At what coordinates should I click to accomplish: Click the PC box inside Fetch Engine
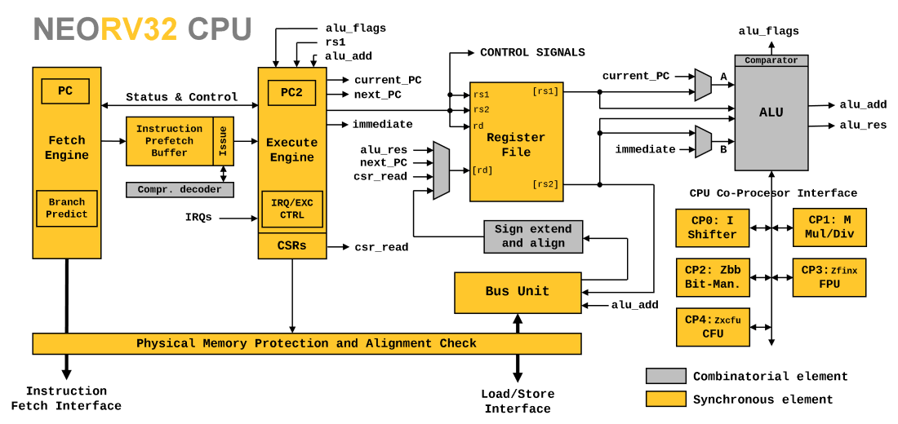65,91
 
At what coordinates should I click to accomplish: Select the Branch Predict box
67,209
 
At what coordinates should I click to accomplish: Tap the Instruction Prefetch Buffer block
170,141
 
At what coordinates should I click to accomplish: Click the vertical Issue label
223,141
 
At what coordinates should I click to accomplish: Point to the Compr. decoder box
180,190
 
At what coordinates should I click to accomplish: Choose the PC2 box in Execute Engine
291,93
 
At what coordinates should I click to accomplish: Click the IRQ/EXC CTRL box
292,210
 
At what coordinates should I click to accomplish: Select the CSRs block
292,246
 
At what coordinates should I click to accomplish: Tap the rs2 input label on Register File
482,110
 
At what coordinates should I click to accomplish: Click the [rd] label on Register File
482,170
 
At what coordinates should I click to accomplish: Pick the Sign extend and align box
533,236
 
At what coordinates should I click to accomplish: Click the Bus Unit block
518,292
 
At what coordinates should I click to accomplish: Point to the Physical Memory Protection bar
307,344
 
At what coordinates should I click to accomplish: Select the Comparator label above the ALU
771,60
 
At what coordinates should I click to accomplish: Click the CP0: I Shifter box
712,228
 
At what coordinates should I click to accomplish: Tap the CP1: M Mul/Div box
829,227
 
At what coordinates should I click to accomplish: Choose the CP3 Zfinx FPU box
829,278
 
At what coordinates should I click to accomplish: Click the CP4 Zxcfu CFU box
713,327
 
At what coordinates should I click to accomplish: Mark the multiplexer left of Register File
442,170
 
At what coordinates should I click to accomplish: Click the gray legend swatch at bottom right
666,376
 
